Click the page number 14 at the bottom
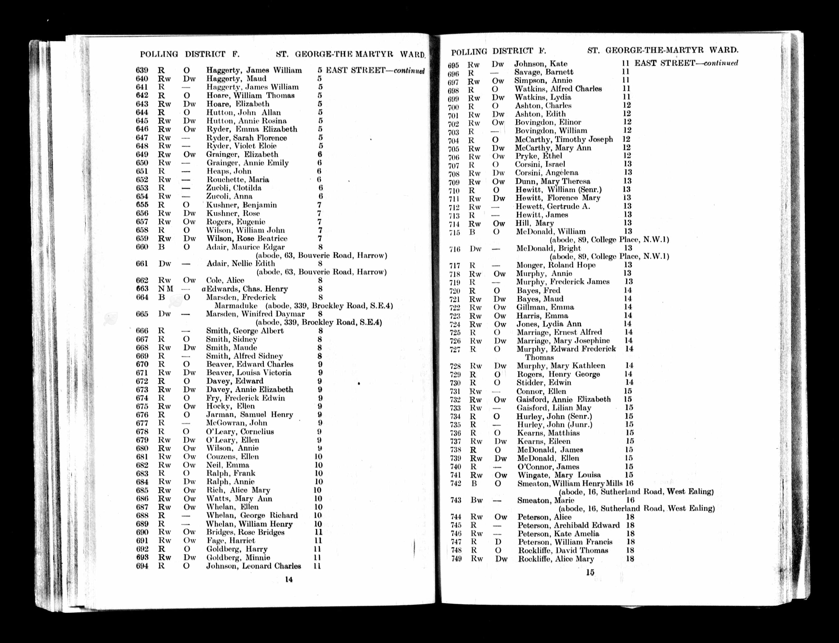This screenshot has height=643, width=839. pyautogui.click(x=289, y=579)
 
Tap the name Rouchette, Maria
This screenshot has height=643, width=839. pyautogui.click(x=238, y=179)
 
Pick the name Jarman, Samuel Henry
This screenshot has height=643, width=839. pyautogui.click(x=250, y=415)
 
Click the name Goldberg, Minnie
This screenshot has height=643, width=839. pyautogui.click(x=238, y=558)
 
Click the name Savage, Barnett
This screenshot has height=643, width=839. pyautogui.click(x=544, y=72)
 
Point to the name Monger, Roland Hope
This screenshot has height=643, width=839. pyautogui.click(x=556, y=265)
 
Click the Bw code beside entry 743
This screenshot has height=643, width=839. pyautogui.click(x=476, y=500)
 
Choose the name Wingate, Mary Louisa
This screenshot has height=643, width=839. pyautogui.click(x=559, y=475)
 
